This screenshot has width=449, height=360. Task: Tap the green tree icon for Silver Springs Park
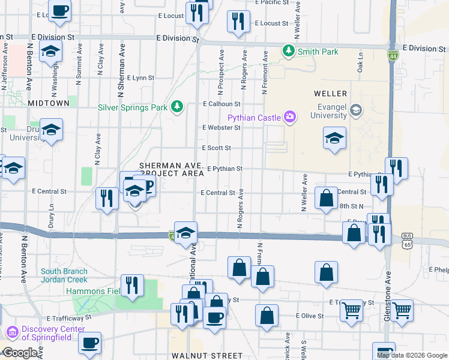[176, 107]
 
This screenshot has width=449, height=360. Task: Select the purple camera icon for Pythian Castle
[291, 116]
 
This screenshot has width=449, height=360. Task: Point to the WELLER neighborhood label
[330, 94]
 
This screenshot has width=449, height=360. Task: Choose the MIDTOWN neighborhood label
[49, 103]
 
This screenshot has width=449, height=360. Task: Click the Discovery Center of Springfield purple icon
[11, 332]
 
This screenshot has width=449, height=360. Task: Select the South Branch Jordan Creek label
[64, 275]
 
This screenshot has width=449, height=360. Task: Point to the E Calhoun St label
[221, 104]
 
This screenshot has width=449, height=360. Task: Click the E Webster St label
[221, 127]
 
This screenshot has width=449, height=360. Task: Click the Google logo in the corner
[20, 353]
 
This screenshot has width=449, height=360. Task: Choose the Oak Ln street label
[361, 62]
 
